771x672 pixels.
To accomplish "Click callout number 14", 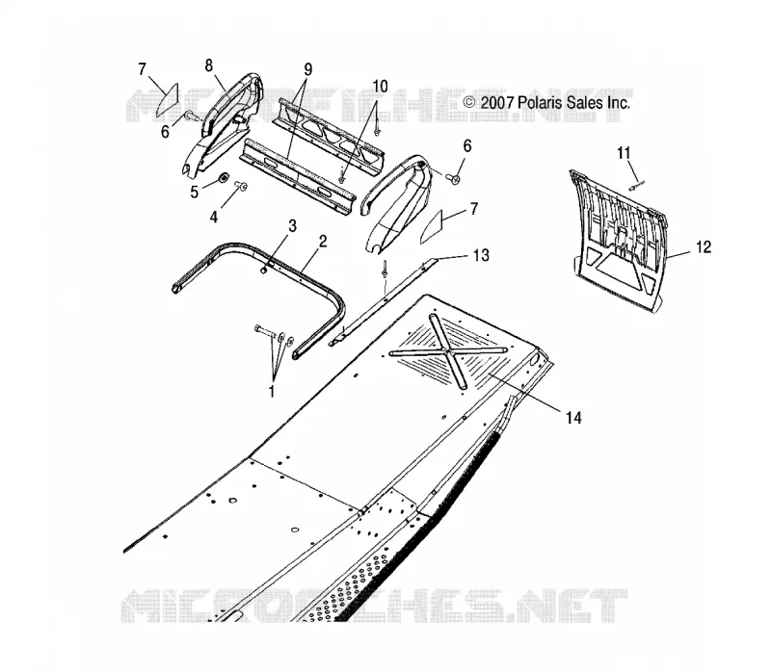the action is [573, 418].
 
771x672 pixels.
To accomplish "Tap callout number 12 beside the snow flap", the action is [704, 247].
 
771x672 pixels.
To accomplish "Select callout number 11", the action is [624, 153].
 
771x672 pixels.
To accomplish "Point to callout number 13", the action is [481, 255].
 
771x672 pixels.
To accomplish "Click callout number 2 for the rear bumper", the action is [323, 242].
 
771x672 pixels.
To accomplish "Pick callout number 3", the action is [293, 226].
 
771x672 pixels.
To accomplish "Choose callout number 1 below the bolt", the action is [271, 392].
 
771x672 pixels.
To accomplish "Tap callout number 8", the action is [209, 65].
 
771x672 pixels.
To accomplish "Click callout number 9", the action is [307, 69].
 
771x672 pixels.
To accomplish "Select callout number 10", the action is [380, 87].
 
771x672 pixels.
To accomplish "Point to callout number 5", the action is [195, 193].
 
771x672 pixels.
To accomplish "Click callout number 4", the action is [213, 217].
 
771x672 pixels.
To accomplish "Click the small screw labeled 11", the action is [636, 186].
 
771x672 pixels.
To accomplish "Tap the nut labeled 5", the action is [223, 177].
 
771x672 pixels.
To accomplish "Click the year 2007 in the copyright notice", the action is [496, 103].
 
